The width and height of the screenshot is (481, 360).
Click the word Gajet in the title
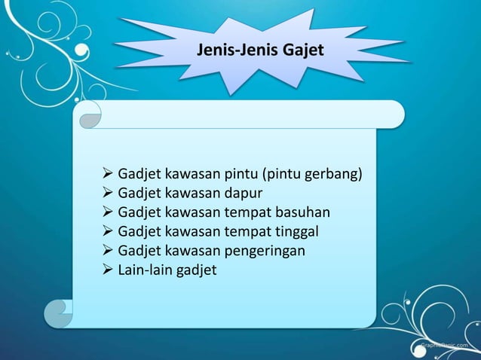[303, 51]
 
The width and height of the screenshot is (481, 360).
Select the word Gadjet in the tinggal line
[139, 230]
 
